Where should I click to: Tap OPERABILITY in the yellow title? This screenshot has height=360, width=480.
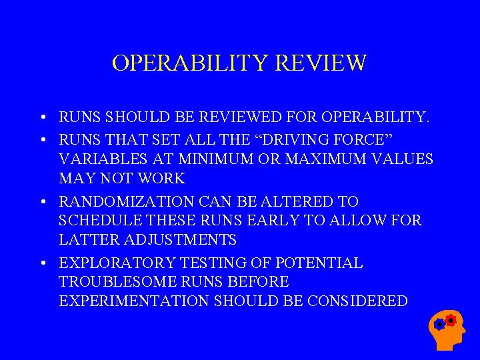189,63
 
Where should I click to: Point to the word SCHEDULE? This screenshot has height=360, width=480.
99,221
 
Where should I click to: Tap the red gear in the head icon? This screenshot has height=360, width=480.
451,320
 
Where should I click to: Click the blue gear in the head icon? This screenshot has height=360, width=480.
439,325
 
